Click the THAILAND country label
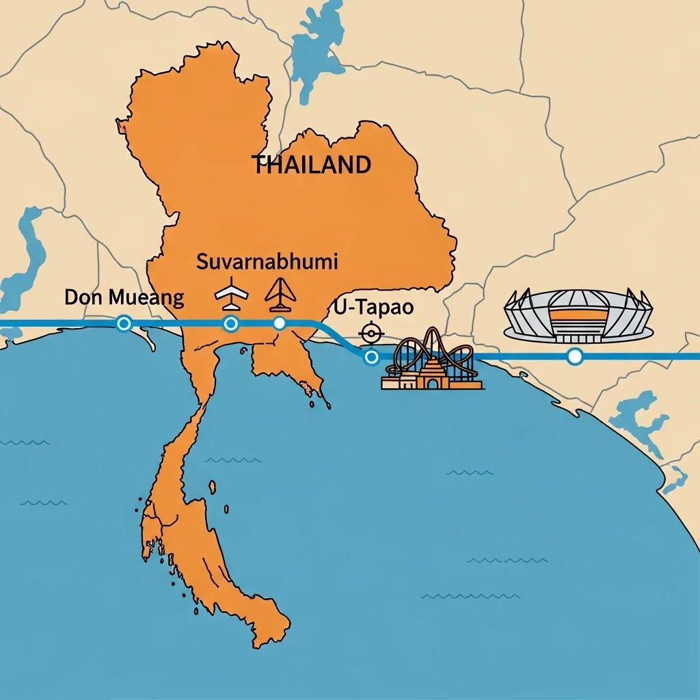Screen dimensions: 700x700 click(x=312, y=165)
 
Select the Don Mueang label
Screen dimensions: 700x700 click(x=124, y=297)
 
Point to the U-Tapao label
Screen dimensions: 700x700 click(x=374, y=308)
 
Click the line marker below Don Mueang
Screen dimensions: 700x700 click(x=124, y=323)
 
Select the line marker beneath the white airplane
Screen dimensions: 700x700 click(x=231, y=323)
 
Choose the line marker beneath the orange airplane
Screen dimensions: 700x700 click(x=279, y=323)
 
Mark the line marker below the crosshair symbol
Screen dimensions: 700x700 click(x=371, y=357)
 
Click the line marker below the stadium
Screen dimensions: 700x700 click(x=575, y=356)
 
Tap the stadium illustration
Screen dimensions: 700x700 click(x=578, y=315)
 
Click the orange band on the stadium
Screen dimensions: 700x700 click(x=578, y=316)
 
